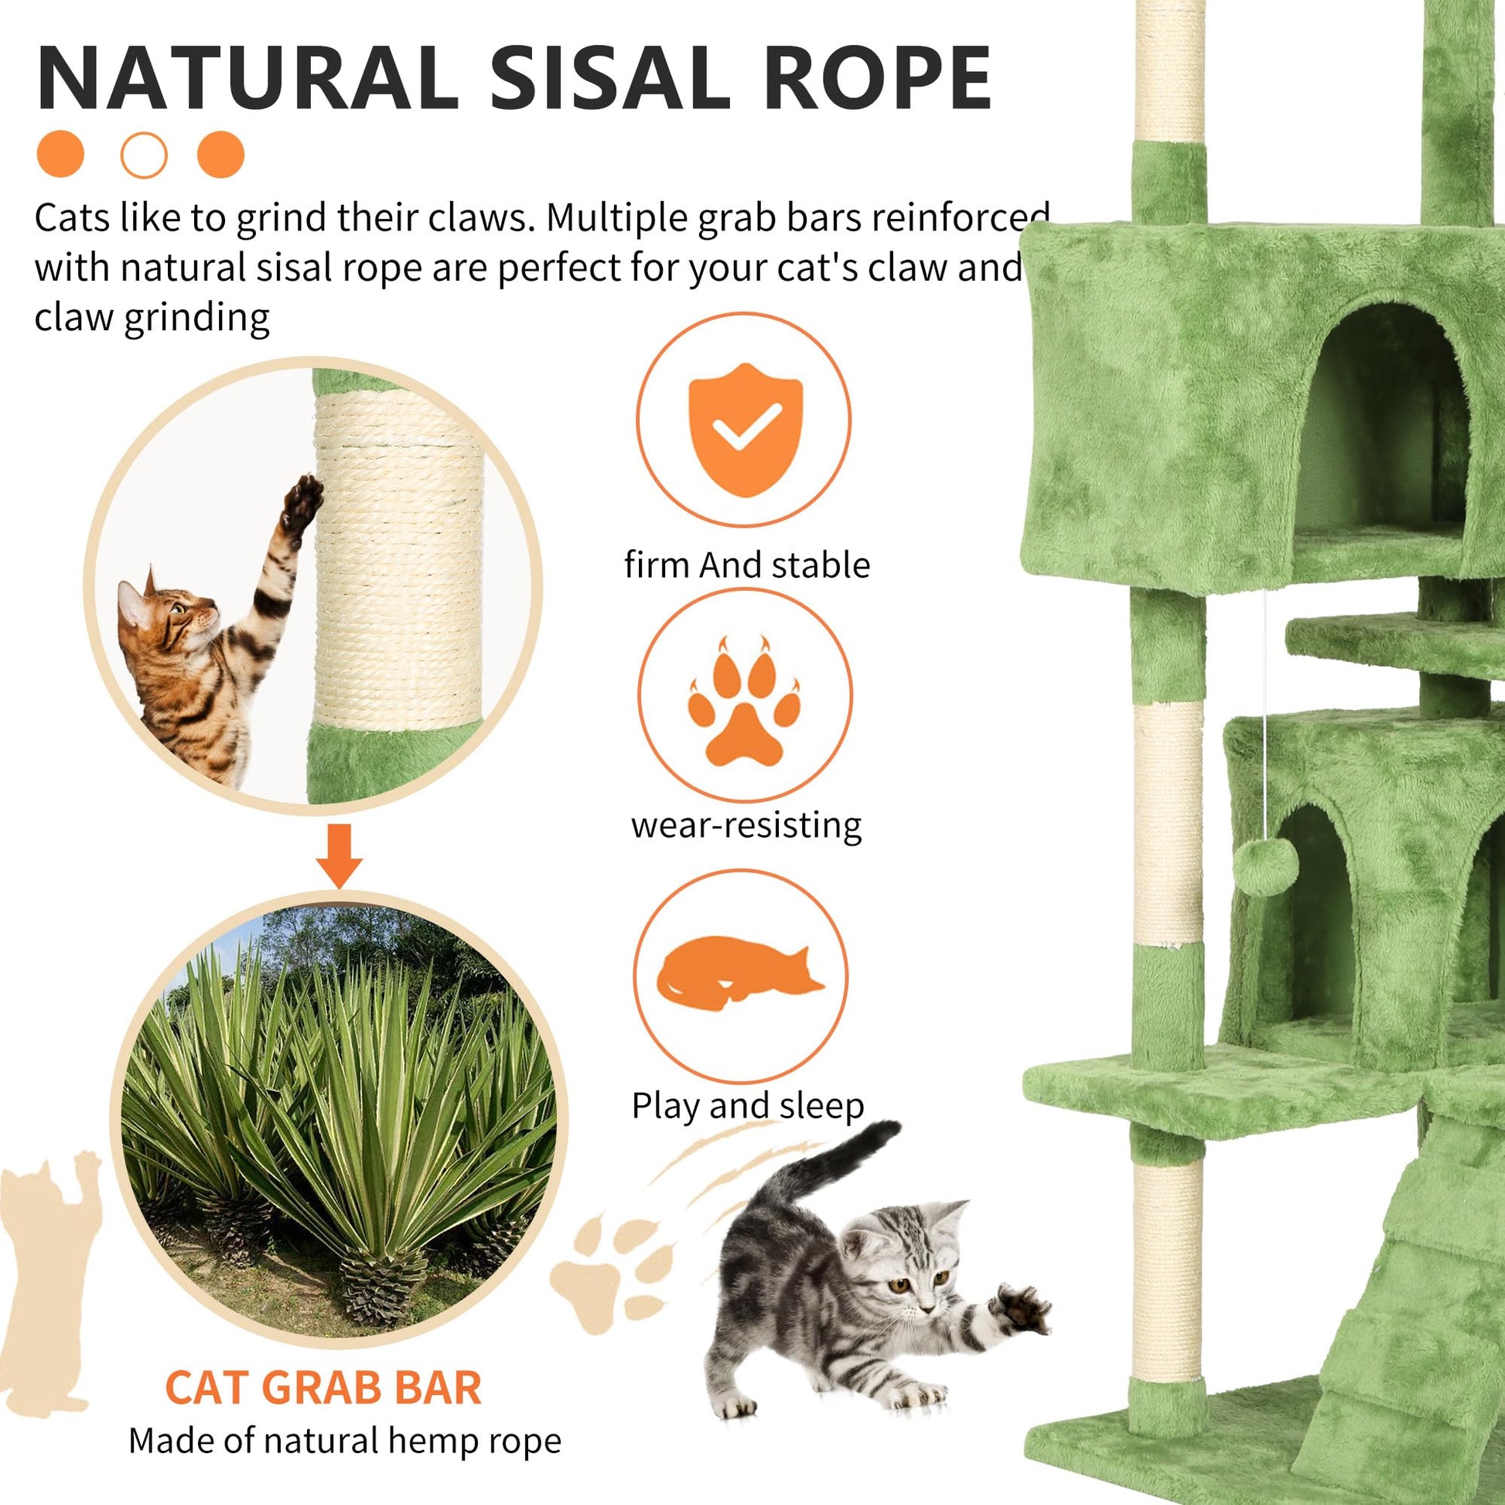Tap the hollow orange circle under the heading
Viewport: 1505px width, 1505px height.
[x=144, y=155]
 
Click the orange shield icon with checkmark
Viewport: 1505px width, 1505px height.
[x=746, y=429]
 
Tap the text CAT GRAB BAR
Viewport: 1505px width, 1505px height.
[x=324, y=1387]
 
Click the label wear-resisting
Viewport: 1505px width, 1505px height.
[x=746, y=825]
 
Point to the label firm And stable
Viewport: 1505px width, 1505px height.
[x=747, y=565]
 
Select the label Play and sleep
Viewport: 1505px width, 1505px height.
[x=748, y=1105]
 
